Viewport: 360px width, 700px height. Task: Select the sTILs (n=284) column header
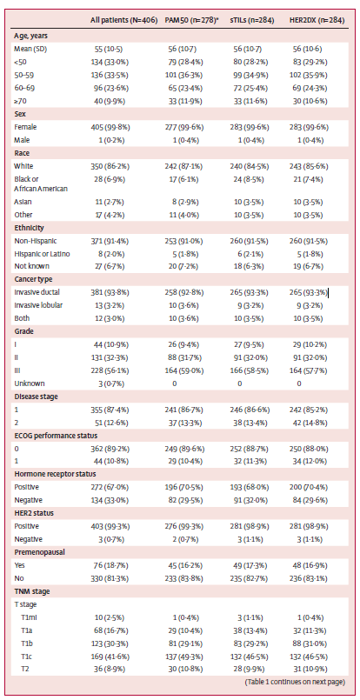click(x=252, y=20)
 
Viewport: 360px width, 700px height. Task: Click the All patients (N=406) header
click(x=123, y=20)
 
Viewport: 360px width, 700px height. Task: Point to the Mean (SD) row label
click(x=28, y=49)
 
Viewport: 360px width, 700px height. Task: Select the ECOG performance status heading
click(x=53, y=436)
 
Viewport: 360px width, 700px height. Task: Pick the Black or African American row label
click(x=41, y=183)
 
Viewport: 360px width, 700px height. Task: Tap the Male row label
click(x=22, y=140)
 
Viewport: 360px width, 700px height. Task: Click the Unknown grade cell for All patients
click(x=108, y=383)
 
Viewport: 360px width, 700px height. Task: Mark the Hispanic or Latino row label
click(x=42, y=254)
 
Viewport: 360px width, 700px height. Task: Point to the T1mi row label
click(x=31, y=617)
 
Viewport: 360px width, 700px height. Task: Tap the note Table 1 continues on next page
click(x=296, y=682)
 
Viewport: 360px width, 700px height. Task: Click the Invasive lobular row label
click(x=38, y=306)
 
